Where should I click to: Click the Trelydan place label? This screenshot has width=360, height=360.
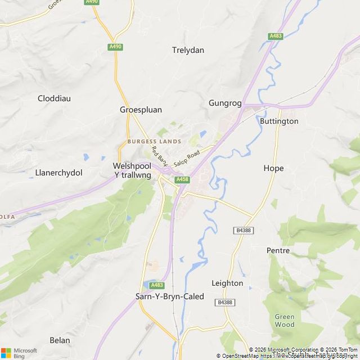[x=188, y=50]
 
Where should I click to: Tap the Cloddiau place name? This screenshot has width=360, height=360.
[x=54, y=98]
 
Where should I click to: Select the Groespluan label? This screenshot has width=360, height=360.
[x=141, y=110]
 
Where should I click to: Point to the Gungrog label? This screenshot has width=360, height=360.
[x=225, y=103]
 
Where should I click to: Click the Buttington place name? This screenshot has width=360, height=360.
[x=279, y=121]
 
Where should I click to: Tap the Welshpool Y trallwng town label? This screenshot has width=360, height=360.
[x=132, y=170]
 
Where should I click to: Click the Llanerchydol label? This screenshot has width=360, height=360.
[x=58, y=172]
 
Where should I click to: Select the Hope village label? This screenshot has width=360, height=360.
[x=273, y=168]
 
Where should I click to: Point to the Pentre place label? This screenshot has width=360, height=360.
[x=278, y=250]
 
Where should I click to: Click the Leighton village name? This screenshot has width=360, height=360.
[x=227, y=283]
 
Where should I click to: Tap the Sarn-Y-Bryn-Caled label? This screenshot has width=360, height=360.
[x=170, y=296]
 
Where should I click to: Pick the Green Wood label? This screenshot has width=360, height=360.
[x=285, y=321]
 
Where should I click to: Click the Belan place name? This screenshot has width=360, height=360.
[x=60, y=340]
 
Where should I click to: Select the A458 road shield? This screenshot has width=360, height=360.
[x=182, y=179]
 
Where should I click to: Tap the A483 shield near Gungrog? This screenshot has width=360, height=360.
[x=275, y=36]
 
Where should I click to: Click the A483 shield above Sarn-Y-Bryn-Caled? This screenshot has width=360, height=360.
[x=157, y=285]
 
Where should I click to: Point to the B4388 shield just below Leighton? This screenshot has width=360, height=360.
[x=224, y=303]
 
